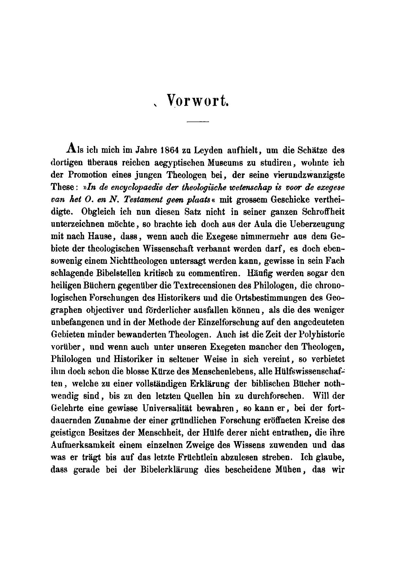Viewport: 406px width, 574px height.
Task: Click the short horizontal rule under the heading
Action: (x=197, y=122)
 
